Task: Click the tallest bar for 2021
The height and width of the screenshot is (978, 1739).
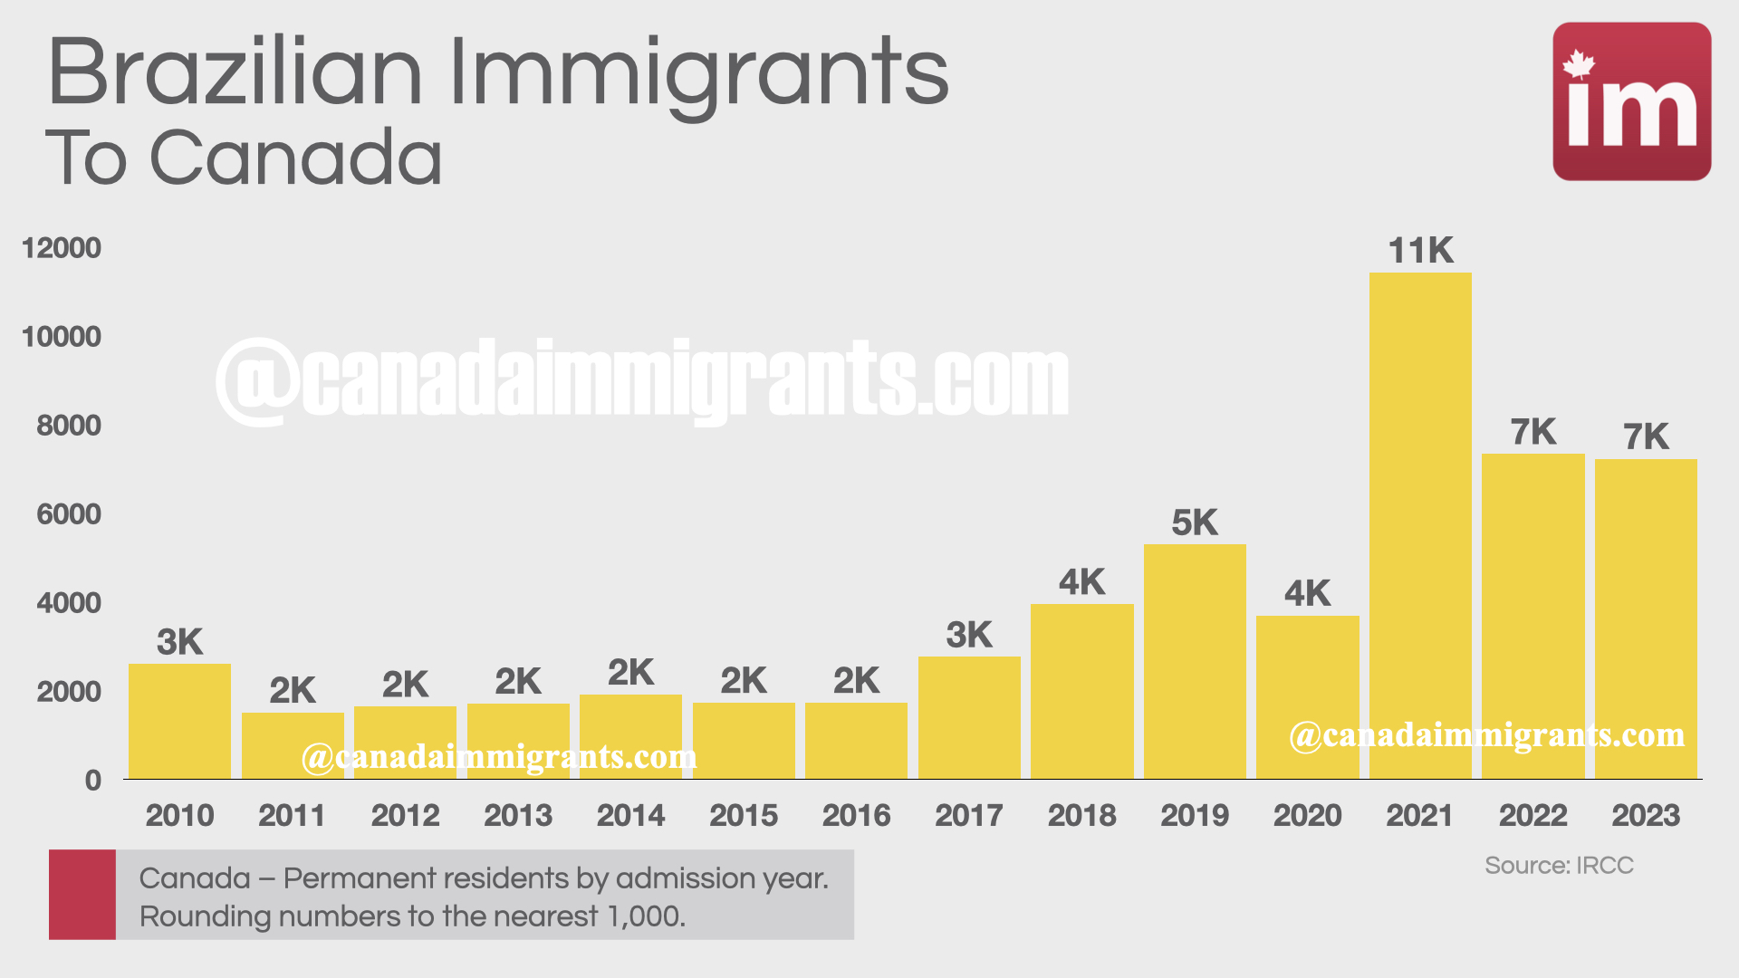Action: tap(1419, 525)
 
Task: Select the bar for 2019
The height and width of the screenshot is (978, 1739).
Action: tap(1195, 661)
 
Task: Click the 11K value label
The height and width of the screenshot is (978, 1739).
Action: tap(1420, 251)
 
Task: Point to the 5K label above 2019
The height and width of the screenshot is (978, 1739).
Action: tap(1195, 523)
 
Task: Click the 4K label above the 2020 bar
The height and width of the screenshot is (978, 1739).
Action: tap(1307, 594)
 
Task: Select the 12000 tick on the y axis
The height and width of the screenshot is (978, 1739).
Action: tap(62, 248)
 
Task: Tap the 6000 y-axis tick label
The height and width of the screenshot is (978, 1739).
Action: tap(69, 514)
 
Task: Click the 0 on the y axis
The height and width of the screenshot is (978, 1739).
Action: tap(92, 781)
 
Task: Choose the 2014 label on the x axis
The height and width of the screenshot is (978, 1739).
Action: tap(630, 816)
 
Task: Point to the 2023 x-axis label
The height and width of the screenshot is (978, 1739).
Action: tap(1645, 816)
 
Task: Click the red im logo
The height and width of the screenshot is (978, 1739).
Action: tap(1631, 101)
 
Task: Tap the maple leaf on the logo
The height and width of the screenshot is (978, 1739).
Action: tap(1579, 64)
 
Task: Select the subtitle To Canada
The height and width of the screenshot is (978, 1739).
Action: tap(245, 158)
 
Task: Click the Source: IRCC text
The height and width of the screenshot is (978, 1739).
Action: tap(1559, 866)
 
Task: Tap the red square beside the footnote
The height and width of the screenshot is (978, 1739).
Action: tap(82, 894)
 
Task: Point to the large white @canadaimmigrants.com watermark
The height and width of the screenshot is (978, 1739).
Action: tap(643, 380)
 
